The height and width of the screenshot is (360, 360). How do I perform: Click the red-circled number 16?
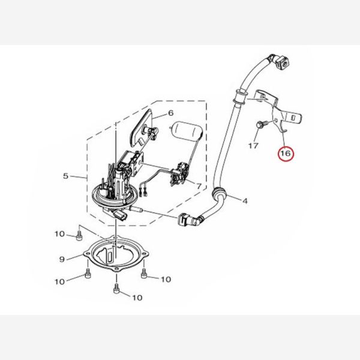(x=286, y=154)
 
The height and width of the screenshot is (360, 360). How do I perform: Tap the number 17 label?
(x=253, y=146)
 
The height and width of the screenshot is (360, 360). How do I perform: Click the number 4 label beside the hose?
(x=245, y=201)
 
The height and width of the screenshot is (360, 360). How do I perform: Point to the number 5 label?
(x=66, y=176)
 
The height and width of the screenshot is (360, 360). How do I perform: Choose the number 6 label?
(x=171, y=113)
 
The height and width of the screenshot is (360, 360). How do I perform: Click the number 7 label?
(x=199, y=186)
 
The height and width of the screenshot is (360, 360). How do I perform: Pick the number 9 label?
(x=62, y=259)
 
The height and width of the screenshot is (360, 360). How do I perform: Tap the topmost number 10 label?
(x=59, y=234)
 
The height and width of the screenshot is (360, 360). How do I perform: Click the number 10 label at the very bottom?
(x=137, y=298)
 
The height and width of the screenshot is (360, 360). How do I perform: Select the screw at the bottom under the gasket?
(x=116, y=289)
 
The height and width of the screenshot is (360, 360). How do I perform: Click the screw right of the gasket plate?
(x=144, y=273)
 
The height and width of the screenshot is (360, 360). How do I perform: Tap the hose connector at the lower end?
(x=190, y=220)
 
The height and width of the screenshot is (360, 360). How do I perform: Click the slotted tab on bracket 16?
(x=293, y=117)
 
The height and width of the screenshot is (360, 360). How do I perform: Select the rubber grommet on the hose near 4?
(x=218, y=194)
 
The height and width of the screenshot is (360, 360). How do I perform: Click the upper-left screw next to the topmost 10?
(x=79, y=236)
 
